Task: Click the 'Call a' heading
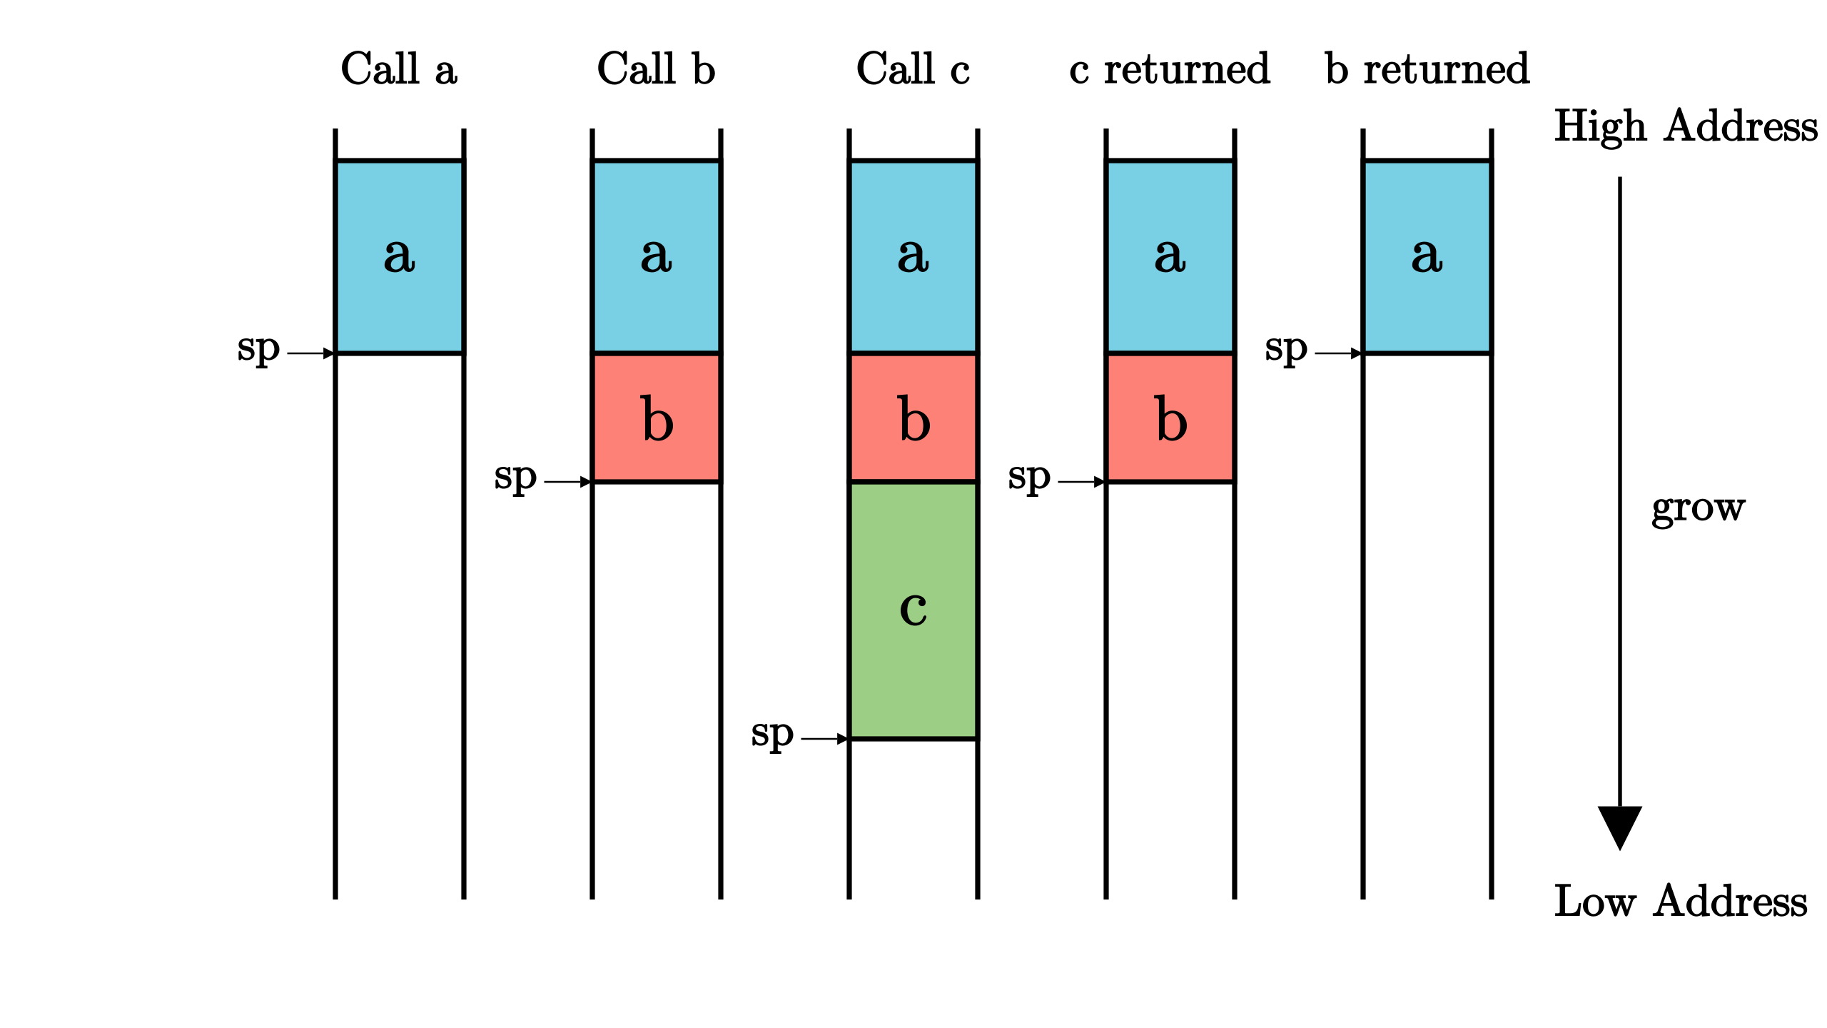399,69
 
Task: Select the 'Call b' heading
656,69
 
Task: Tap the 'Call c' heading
913,69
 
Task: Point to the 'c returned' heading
1170,69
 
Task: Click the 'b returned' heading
1427,69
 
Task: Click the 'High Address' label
1686,126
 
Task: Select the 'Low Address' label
1681,901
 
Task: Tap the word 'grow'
1698,508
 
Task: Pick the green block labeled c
913,610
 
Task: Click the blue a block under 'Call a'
399,257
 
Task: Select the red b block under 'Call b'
656,418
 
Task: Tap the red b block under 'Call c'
913,418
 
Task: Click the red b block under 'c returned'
1170,418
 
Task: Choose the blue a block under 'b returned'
1427,257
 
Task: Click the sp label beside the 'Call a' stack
258,350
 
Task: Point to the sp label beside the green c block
771,735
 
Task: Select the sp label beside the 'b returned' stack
1285,350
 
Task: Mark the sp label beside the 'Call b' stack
515,478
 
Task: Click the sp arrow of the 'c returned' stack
1081,482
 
